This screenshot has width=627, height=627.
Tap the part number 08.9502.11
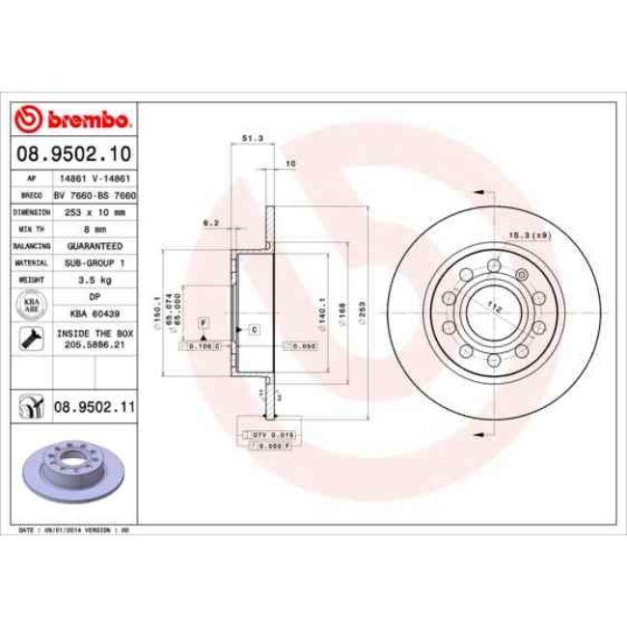(x=92, y=409)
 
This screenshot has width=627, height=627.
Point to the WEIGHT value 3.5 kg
(x=94, y=278)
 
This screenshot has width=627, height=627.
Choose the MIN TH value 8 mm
(x=94, y=228)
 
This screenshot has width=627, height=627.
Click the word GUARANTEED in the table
(x=94, y=245)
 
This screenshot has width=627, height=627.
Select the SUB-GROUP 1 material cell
(x=94, y=261)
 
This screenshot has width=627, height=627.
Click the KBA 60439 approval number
(x=94, y=313)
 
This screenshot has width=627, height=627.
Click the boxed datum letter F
(x=204, y=320)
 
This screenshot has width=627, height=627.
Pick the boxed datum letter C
(x=253, y=330)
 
